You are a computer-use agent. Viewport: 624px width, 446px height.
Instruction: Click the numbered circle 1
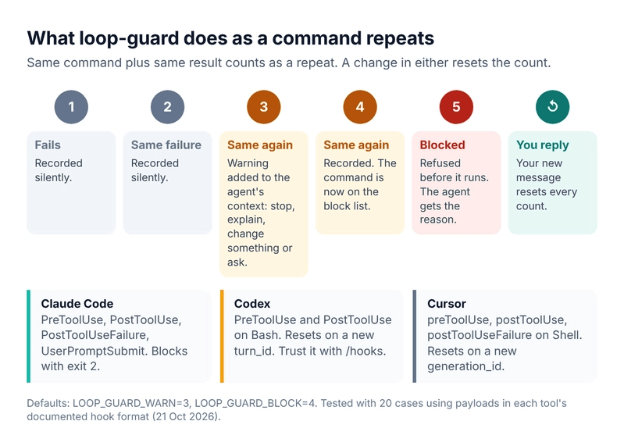[x=71, y=107]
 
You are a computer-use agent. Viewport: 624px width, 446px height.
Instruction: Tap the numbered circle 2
[x=168, y=107]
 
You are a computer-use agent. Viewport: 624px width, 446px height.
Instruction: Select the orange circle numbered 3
[x=264, y=107]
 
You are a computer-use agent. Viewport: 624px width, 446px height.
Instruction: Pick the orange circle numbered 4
[x=360, y=107]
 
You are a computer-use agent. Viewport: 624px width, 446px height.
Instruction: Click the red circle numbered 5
[x=456, y=107]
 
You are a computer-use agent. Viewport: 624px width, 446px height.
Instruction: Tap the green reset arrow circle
[x=553, y=107]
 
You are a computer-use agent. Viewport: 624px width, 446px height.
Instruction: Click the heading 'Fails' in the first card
[x=48, y=145]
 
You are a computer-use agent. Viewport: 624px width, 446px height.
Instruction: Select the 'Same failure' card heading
[x=166, y=145]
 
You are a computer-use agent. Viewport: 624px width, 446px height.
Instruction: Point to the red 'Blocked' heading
[x=443, y=145]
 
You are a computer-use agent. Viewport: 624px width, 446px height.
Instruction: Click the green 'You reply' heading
[x=543, y=145]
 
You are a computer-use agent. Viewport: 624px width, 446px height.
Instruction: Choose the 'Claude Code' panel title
[x=77, y=304]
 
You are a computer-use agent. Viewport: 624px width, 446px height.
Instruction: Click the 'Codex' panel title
[x=252, y=304]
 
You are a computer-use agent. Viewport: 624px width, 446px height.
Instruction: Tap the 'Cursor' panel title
[x=447, y=304]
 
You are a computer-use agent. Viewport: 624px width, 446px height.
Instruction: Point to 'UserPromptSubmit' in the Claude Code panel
[x=93, y=351]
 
